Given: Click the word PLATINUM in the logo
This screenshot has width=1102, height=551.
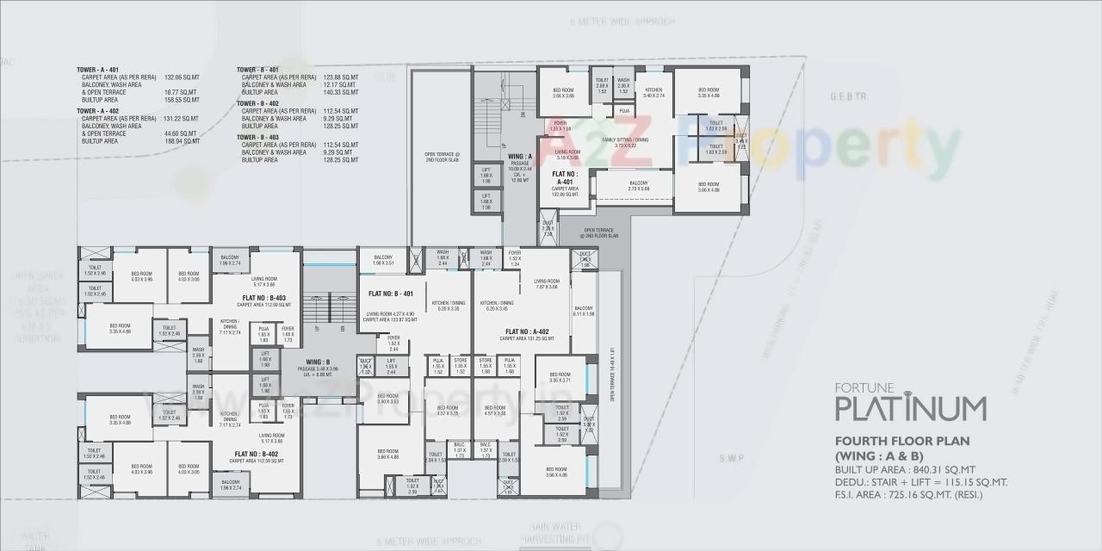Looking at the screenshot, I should click(911, 407).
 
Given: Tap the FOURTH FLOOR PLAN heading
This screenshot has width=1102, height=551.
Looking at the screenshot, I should click(902, 441).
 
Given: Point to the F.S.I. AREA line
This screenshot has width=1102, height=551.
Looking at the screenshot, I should click(908, 495).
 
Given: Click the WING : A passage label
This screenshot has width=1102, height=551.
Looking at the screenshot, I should click(520, 157).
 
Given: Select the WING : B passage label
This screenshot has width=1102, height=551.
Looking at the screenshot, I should click(318, 362).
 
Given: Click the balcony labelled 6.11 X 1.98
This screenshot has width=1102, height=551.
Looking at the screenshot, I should click(584, 311).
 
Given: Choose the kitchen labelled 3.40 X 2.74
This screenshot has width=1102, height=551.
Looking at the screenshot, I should click(653, 92).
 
